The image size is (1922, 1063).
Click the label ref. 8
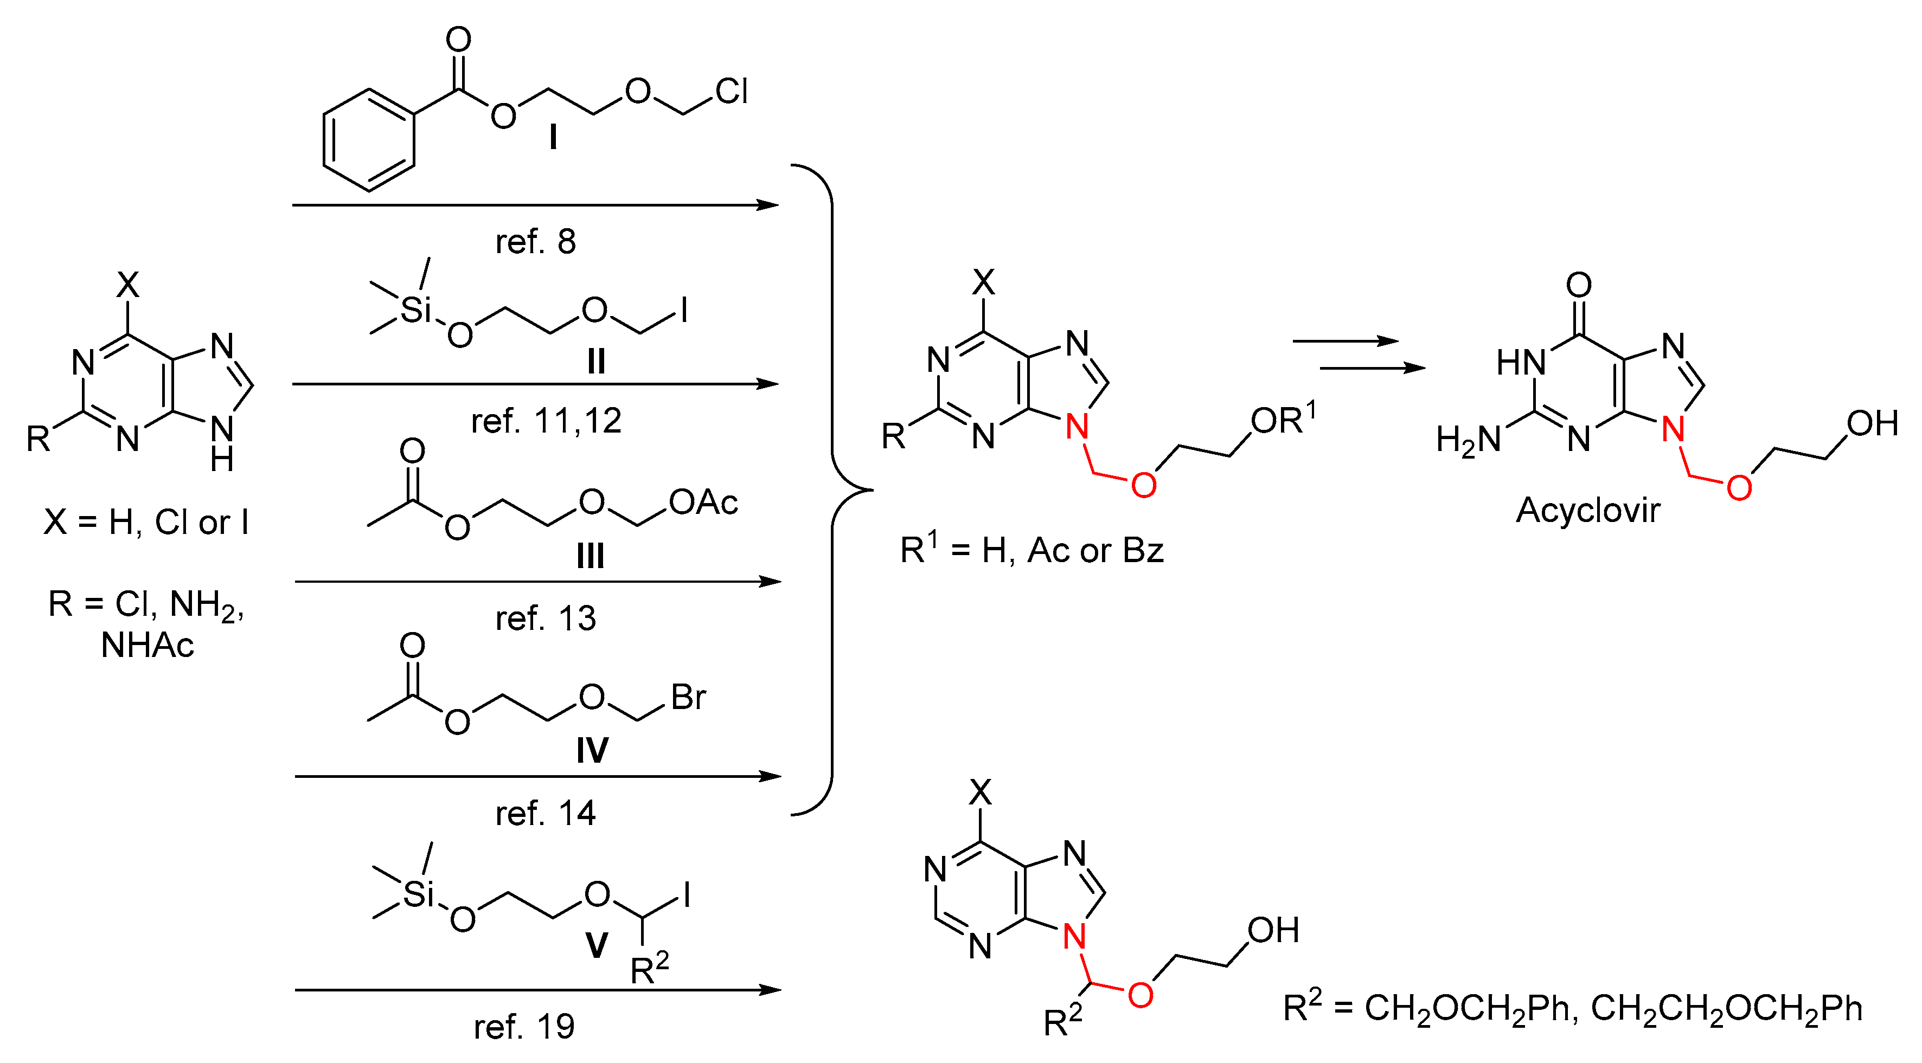click(536, 242)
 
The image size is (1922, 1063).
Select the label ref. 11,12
click(546, 422)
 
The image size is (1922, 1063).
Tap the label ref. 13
click(546, 619)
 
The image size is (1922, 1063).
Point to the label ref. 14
click(546, 813)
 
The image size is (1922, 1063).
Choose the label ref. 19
click(524, 1027)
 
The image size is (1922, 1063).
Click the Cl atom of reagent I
click(731, 92)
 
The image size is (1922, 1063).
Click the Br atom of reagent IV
click(688, 698)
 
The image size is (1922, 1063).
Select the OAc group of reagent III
click(703, 503)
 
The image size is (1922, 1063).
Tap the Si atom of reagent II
click(415, 310)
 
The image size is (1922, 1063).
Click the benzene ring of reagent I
click(369, 140)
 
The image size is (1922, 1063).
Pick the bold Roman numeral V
click(596, 946)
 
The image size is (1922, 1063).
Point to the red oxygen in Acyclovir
click(1739, 488)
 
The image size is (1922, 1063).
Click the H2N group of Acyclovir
click(1468, 440)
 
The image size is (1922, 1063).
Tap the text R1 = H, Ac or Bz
click(1031, 551)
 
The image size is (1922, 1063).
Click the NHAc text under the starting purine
click(147, 645)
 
